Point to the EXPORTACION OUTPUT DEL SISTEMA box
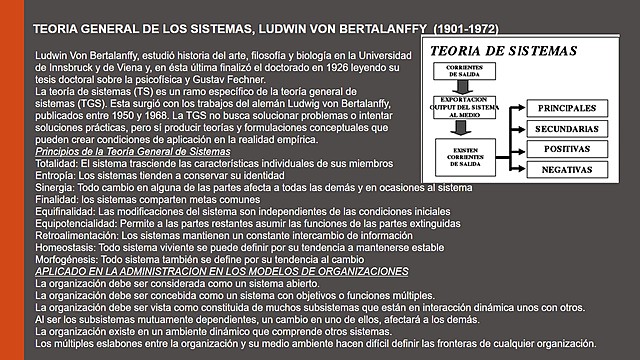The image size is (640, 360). click(x=461, y=108)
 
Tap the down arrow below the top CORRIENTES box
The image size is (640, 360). click(x=461, y=87)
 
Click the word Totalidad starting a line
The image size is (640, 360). click(x=55, y=161)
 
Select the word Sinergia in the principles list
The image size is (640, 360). click(x=53, y=187)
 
